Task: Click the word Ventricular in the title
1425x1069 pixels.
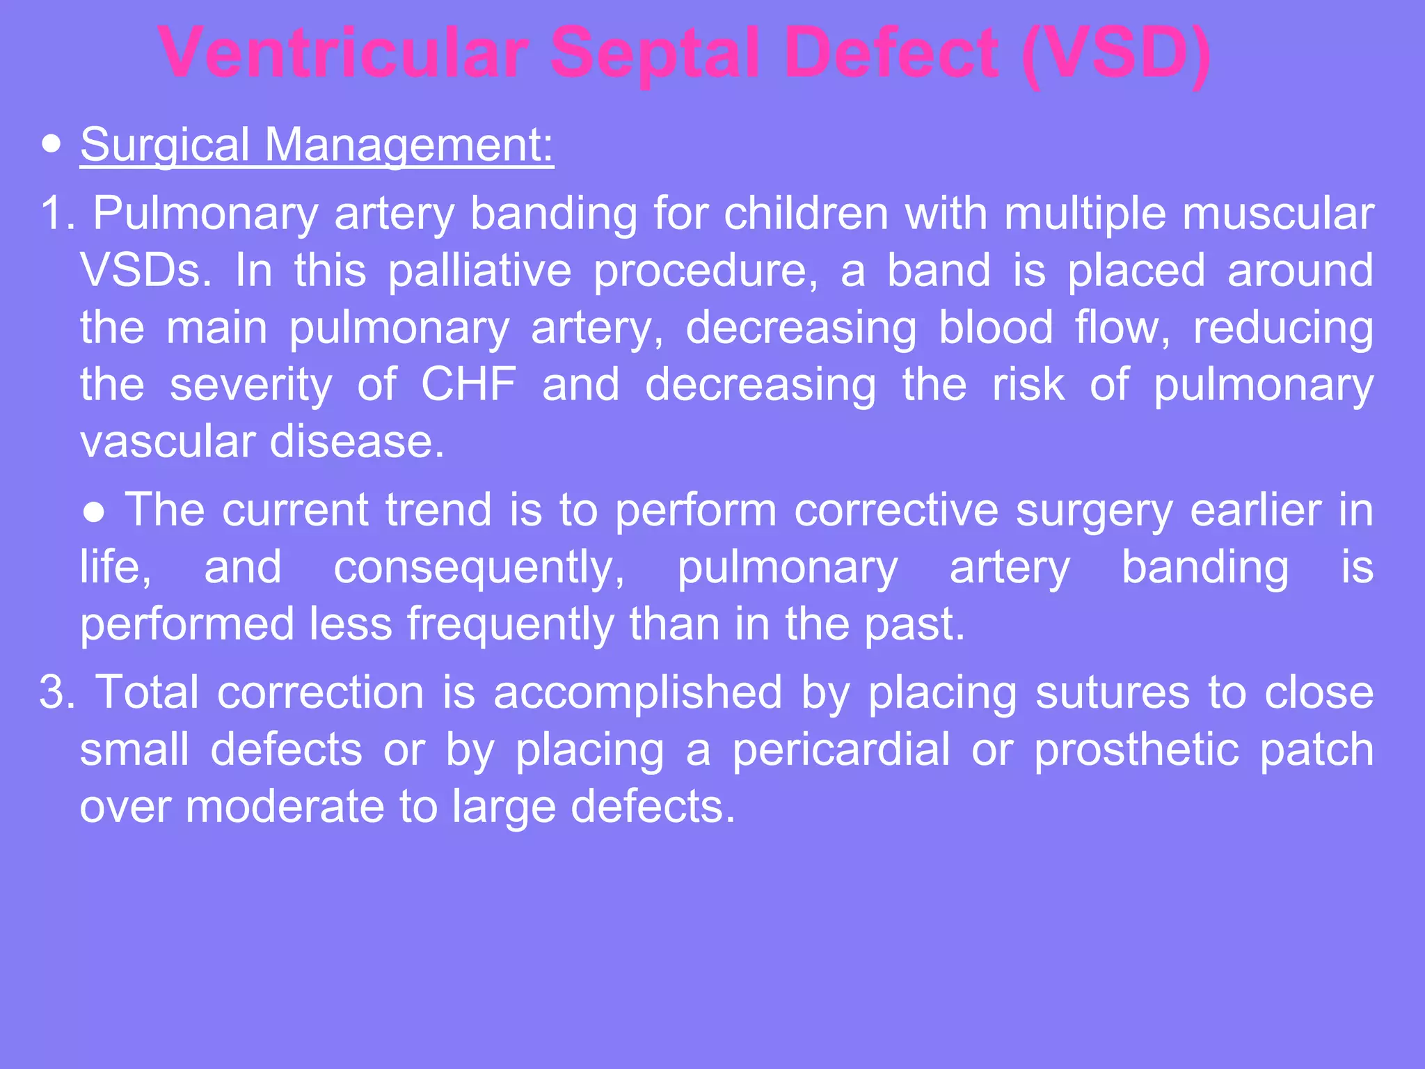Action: [x=342, y=54]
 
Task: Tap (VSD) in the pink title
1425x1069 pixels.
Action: [x=1117, y=54]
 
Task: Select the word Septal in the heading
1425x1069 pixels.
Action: [x=655, y=54]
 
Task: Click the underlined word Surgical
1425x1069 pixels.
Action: [x=164, y=145]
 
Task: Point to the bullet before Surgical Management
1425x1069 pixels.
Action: [x=51, y=145]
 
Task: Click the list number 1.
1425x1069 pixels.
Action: [x=56, y=213]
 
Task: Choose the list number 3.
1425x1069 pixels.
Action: [x=56, y=692]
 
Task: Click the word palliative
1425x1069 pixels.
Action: [x=479, y=270]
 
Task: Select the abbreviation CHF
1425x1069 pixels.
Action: [x=469, y=384]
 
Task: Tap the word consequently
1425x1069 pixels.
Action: [x=479, y=567]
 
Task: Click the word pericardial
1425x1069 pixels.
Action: [x=841, y=750]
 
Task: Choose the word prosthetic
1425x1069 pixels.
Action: [x=1136, y=750]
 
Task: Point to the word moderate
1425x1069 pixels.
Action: [x=285, y=807]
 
